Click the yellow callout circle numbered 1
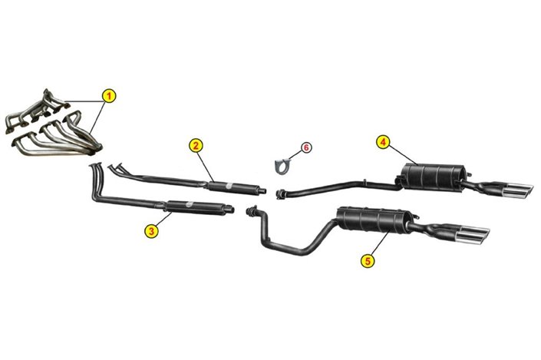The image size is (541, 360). click(109, 96)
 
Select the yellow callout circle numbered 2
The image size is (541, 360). click(196, 145)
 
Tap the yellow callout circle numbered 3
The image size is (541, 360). click(152, 229)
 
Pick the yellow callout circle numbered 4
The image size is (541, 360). click(382, 141)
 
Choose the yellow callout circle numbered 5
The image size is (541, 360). click(368, 261)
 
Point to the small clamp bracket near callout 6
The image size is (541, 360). click(283, 163)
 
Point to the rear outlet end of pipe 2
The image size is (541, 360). click(263, 190)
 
